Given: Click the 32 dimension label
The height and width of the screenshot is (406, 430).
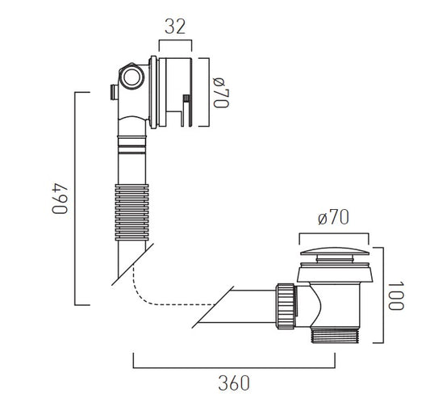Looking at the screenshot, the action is click(175, 27).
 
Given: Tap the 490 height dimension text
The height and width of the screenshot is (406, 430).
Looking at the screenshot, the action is click(60, 199).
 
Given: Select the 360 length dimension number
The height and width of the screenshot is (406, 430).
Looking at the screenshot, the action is click(234, 383).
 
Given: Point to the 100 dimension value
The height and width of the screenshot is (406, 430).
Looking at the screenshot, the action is click(396, 295).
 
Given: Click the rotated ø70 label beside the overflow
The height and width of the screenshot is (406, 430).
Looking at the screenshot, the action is click(221, 93).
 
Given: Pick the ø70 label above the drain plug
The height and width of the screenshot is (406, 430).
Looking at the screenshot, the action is click(333, 218).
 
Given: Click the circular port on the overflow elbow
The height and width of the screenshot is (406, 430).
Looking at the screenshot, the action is click(132, 77).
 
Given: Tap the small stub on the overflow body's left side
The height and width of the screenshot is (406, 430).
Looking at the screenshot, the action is click(114, 92).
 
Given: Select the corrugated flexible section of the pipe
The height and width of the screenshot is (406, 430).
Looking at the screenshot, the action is click(132, 212).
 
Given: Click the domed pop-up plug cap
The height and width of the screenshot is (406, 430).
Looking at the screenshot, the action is click(334, 252).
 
